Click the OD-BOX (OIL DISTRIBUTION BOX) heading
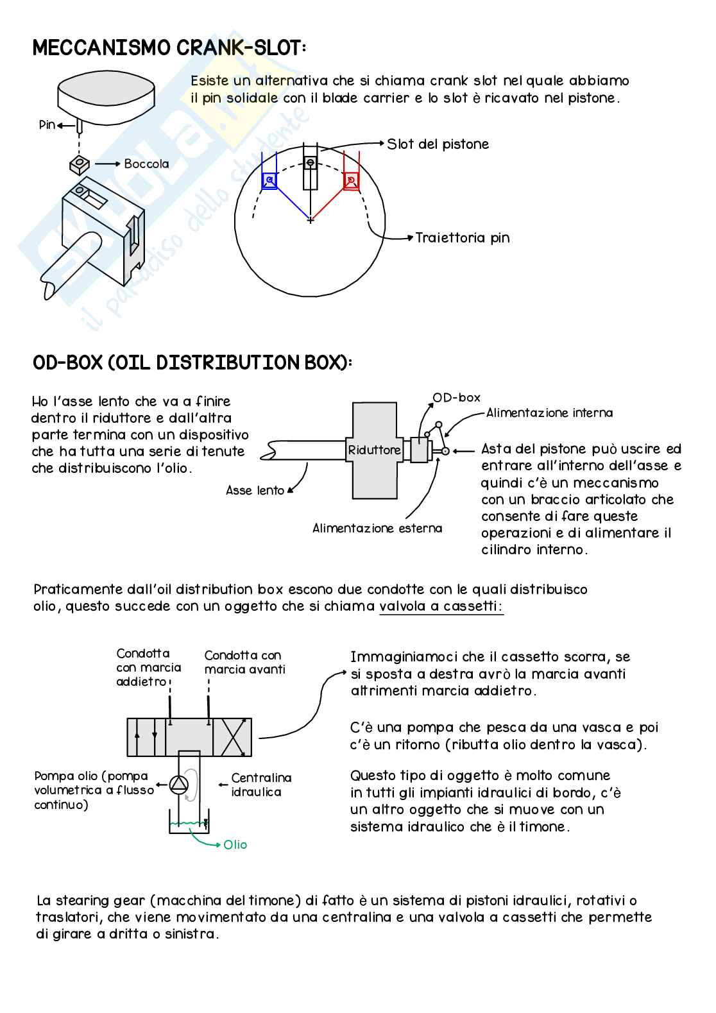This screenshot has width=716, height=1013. click(192, 362)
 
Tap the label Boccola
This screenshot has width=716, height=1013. click(146, 164)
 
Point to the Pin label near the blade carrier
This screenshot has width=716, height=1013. click(47, 124)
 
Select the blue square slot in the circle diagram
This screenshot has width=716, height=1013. click(269, 180)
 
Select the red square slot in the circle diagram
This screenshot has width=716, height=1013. click(350, 180)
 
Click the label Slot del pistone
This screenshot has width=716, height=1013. click(438, 144)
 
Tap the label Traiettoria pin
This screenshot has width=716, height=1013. click(462, 238)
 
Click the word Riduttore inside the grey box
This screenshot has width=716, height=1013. click(374, 450)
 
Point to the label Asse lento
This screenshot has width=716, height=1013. click(255, 491)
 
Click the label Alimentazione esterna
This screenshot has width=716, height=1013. click(377, 529)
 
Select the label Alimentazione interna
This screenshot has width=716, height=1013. click(549, 413)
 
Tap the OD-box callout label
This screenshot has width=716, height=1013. click(456, 398)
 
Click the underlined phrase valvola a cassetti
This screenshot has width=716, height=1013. click(441, 606)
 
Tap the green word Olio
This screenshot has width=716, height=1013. click(235, 845)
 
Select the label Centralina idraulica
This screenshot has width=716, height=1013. click(261, 785)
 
